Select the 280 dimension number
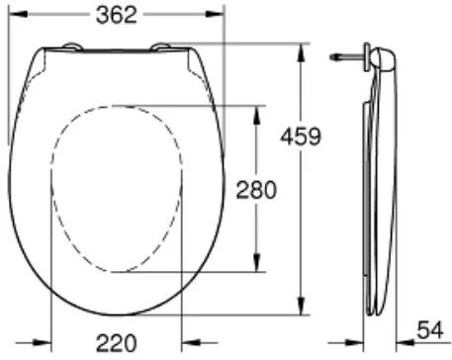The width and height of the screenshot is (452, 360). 255,188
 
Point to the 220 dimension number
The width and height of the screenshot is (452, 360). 116,343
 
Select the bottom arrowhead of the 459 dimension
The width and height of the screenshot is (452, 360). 301,310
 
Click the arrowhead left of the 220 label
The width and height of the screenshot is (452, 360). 57,344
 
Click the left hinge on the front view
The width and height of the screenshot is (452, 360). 72,45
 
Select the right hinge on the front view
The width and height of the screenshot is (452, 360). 161,45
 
